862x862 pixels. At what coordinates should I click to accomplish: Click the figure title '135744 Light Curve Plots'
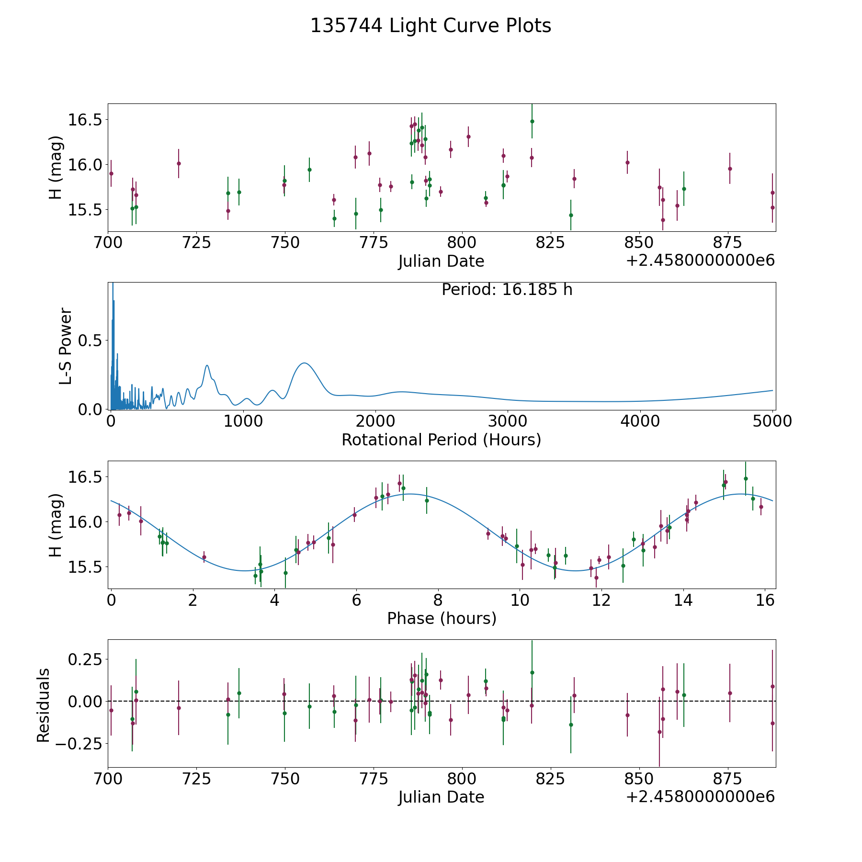coord(431,26)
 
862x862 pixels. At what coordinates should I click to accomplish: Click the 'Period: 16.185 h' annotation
coord(507,290)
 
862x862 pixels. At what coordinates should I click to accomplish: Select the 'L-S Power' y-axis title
coord(66,346)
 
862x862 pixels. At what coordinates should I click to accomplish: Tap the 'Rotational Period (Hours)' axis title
coord(441,440)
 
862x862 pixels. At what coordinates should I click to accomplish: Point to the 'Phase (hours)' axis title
coord(442,618)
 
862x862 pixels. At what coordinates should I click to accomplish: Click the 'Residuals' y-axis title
coord(44,705)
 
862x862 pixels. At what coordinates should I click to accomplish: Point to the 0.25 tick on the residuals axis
coord(85,659)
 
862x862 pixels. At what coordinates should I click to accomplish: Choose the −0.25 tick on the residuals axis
coord(79,743)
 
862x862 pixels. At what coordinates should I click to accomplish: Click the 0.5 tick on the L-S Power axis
coord(91,340)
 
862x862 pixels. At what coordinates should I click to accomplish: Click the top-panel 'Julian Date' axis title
coord(441,261)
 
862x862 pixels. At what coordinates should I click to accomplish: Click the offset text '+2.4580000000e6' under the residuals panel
coord(700,797)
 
